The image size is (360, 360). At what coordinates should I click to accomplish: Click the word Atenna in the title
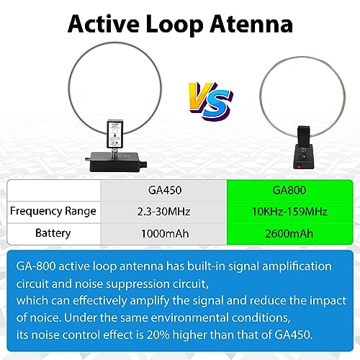251,24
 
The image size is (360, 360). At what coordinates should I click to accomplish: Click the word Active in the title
104,24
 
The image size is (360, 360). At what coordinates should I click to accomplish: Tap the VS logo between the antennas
210,101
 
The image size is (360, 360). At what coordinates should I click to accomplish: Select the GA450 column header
165,190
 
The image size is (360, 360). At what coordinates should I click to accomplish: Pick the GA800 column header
289,190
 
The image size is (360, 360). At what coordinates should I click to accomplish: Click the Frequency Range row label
53,211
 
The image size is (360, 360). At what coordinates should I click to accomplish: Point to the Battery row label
53,233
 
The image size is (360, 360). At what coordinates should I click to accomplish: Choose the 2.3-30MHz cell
163,212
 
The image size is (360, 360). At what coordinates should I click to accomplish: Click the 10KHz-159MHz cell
289,212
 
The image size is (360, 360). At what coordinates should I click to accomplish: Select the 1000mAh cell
165,233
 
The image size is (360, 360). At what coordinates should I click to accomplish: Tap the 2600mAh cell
289,233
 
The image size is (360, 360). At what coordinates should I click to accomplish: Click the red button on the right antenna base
299,166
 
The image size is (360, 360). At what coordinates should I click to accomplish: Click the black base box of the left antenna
115,162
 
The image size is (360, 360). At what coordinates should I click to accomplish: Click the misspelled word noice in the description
45,318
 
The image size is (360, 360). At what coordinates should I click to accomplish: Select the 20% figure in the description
158,335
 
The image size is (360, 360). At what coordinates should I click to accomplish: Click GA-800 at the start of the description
36,266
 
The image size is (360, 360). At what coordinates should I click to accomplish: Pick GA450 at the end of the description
294,335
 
